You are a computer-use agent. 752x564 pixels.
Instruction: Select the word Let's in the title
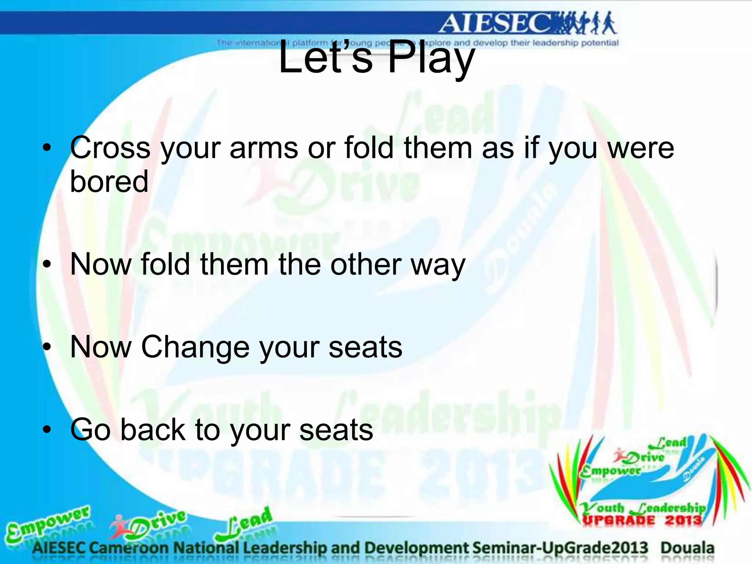(325, 58)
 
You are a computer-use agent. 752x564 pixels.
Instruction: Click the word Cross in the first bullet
(110, 148)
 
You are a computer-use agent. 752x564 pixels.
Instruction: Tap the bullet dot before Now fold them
(47, 264)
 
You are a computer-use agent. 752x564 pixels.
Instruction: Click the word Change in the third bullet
(195, 347)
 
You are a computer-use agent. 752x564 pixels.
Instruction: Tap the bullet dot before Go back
(47, 429)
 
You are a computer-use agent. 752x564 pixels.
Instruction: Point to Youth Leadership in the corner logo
(643, 508)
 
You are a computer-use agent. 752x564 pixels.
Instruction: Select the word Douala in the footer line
(687, 548)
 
